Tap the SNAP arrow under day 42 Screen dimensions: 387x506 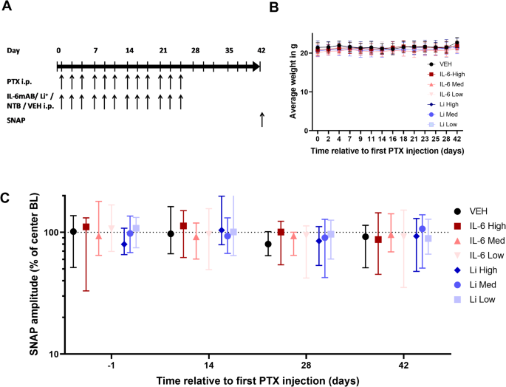(261, 120)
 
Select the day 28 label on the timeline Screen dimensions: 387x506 (194, 50)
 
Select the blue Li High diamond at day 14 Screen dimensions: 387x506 (222, 230)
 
